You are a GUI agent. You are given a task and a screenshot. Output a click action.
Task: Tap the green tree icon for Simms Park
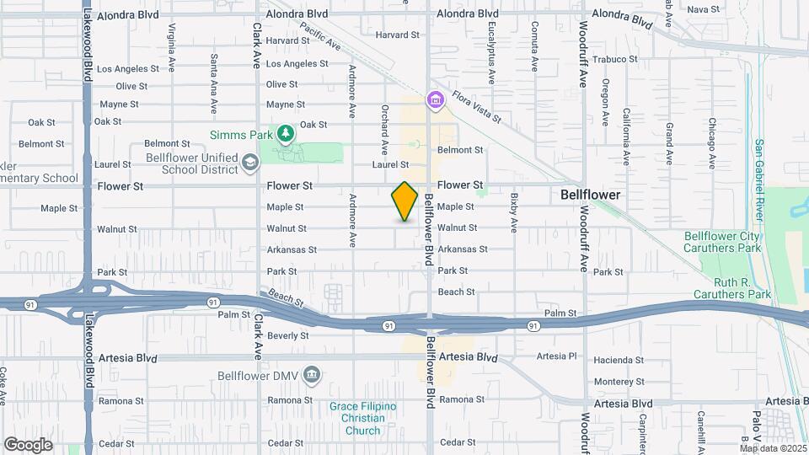287,133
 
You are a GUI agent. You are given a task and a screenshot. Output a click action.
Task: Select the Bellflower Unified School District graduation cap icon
249,161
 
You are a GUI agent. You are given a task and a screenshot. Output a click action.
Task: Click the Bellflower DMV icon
312,374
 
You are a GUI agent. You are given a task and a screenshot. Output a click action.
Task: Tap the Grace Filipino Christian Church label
362,418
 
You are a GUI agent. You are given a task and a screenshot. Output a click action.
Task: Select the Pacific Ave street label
318,36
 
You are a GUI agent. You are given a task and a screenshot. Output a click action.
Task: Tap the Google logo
28,444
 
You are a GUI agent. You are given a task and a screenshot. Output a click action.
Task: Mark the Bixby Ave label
512,212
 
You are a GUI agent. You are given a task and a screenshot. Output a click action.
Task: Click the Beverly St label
288,335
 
